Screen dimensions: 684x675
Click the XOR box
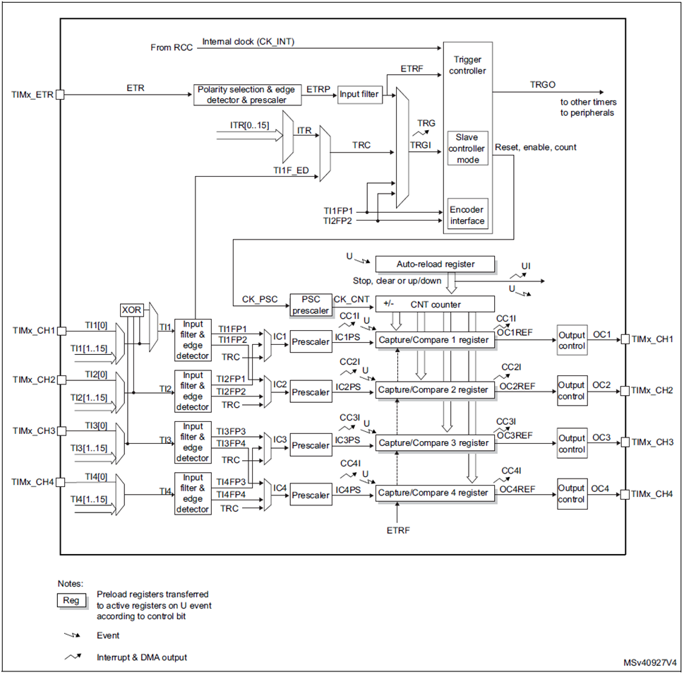pos(131,310)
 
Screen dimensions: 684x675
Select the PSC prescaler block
pos(311,305)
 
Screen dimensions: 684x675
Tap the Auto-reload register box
pos(435,264)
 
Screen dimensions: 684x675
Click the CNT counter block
pos(435,304)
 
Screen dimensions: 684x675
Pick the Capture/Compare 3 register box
pos(435,442)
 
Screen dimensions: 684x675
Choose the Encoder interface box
pos(467,215)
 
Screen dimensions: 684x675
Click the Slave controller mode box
pos(467,148)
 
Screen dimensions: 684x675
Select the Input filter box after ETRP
pos(360,95)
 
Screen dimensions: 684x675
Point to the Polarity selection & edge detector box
pos(247,95)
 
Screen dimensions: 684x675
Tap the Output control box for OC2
pos(572,391)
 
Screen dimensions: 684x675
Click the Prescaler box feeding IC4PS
pos(311,495)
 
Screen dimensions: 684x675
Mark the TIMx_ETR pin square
pos(60,95)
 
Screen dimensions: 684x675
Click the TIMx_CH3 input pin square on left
pos(61,430)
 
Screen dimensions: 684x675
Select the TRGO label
pos(543,85)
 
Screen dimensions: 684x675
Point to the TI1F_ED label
pos(291,170)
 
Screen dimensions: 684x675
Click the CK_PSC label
pos(260,299)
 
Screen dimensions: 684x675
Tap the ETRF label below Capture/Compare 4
pos(398,530)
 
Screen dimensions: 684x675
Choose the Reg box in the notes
pos(71,600)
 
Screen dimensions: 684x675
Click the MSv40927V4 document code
pos(650,663)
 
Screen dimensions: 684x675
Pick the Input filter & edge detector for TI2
pos(193,391)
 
